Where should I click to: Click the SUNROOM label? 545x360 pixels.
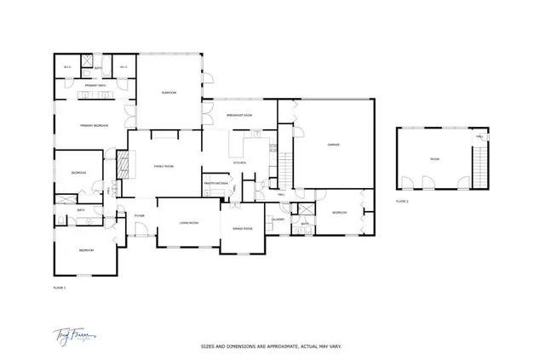[169, 93]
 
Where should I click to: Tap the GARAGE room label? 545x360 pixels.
[334, 145]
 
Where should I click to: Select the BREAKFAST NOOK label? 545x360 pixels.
[241, 115]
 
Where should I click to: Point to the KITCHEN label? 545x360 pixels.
[239, 162]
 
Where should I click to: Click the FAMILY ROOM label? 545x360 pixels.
[163, 166]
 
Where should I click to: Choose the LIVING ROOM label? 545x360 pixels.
[188, 223]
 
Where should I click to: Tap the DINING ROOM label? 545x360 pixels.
[243, 228]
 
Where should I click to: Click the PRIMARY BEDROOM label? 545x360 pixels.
[94, 125]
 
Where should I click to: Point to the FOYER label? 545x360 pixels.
[139, 215]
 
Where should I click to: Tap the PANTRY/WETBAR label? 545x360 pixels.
[213, 182]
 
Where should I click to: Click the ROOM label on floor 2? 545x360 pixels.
[434, 159]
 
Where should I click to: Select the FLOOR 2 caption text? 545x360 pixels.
[402, 201]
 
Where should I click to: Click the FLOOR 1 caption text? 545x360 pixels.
[59, 289]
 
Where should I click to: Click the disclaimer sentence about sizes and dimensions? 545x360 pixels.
[271, 347]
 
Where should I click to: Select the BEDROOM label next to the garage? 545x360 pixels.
[339, 212]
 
